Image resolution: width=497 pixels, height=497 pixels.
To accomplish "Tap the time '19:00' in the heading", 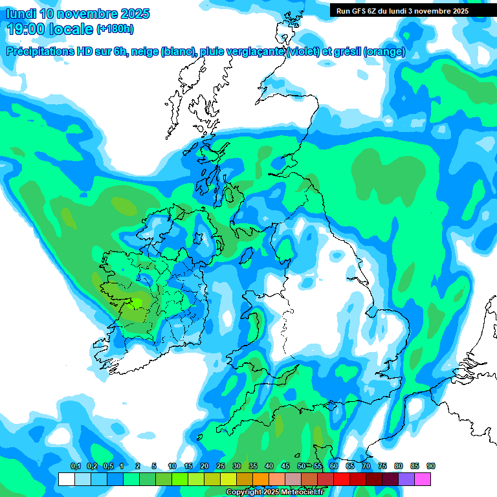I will point(27,28).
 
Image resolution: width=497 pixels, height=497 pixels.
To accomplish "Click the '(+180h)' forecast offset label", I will point(115,29).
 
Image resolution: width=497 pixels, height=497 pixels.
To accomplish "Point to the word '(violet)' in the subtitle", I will point(303,52).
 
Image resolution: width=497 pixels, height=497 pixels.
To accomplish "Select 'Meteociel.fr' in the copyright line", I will point(302,492).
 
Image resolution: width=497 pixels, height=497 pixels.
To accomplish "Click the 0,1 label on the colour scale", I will point(75,467).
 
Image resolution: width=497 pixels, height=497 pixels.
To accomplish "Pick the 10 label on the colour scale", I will point(172,467).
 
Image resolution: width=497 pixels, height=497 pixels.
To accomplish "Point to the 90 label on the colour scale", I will point(431,467).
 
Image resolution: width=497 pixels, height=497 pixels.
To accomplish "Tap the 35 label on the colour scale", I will point(253,467).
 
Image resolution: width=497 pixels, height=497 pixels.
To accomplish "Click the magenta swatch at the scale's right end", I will point(423,479).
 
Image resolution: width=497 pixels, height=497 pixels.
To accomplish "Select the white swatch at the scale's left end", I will point(67,479).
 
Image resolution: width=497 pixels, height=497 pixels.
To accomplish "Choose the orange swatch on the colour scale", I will point(261,479).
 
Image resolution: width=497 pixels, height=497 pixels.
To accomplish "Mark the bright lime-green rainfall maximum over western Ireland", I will point(137,303).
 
